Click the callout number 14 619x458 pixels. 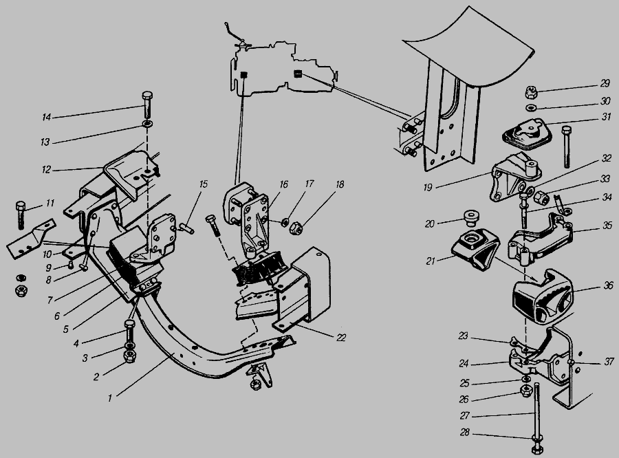[x=47, y=118]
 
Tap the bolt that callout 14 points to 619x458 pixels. [x=147, y=105]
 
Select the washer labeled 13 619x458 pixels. [x=148, y=124]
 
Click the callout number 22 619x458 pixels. [x=341, y=338]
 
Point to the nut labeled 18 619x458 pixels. [x=296, y=228]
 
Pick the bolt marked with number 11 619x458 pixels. [x=21, y=215]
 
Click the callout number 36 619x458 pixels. [x=609, y=285]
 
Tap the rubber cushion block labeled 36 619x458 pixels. [x=543, y=295]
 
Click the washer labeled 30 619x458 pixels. [x=532, y=107]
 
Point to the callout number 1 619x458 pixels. [x=110, y=398]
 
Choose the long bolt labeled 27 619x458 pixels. [x=537, y=417]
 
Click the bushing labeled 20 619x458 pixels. [x=472, y=217]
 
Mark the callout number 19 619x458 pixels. [x=428, y=187]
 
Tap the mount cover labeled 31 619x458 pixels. [x=527, y=135]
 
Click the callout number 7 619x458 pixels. [x=50, y=301]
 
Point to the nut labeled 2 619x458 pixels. [x=129, y=357]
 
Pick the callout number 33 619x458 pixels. [x=605, y=179]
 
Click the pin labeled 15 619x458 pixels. [x=186, y=228]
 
